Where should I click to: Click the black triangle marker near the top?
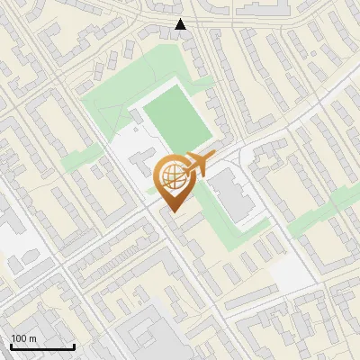point(181,24)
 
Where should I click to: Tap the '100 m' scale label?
point(23,338)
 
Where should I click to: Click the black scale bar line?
point(41,346)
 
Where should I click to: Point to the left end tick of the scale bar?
point(10,345)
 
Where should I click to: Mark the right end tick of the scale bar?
point(74,345)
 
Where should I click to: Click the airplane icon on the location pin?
point(198,165)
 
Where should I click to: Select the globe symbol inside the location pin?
point(174,177)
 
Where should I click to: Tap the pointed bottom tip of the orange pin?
point(174,212)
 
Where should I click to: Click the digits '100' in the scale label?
point(19,338)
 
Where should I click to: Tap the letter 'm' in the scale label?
point(32,339)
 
